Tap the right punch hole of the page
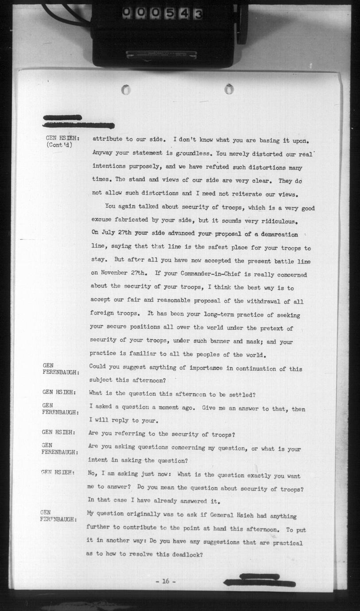(228, 89)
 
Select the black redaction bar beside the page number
(259, 581)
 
